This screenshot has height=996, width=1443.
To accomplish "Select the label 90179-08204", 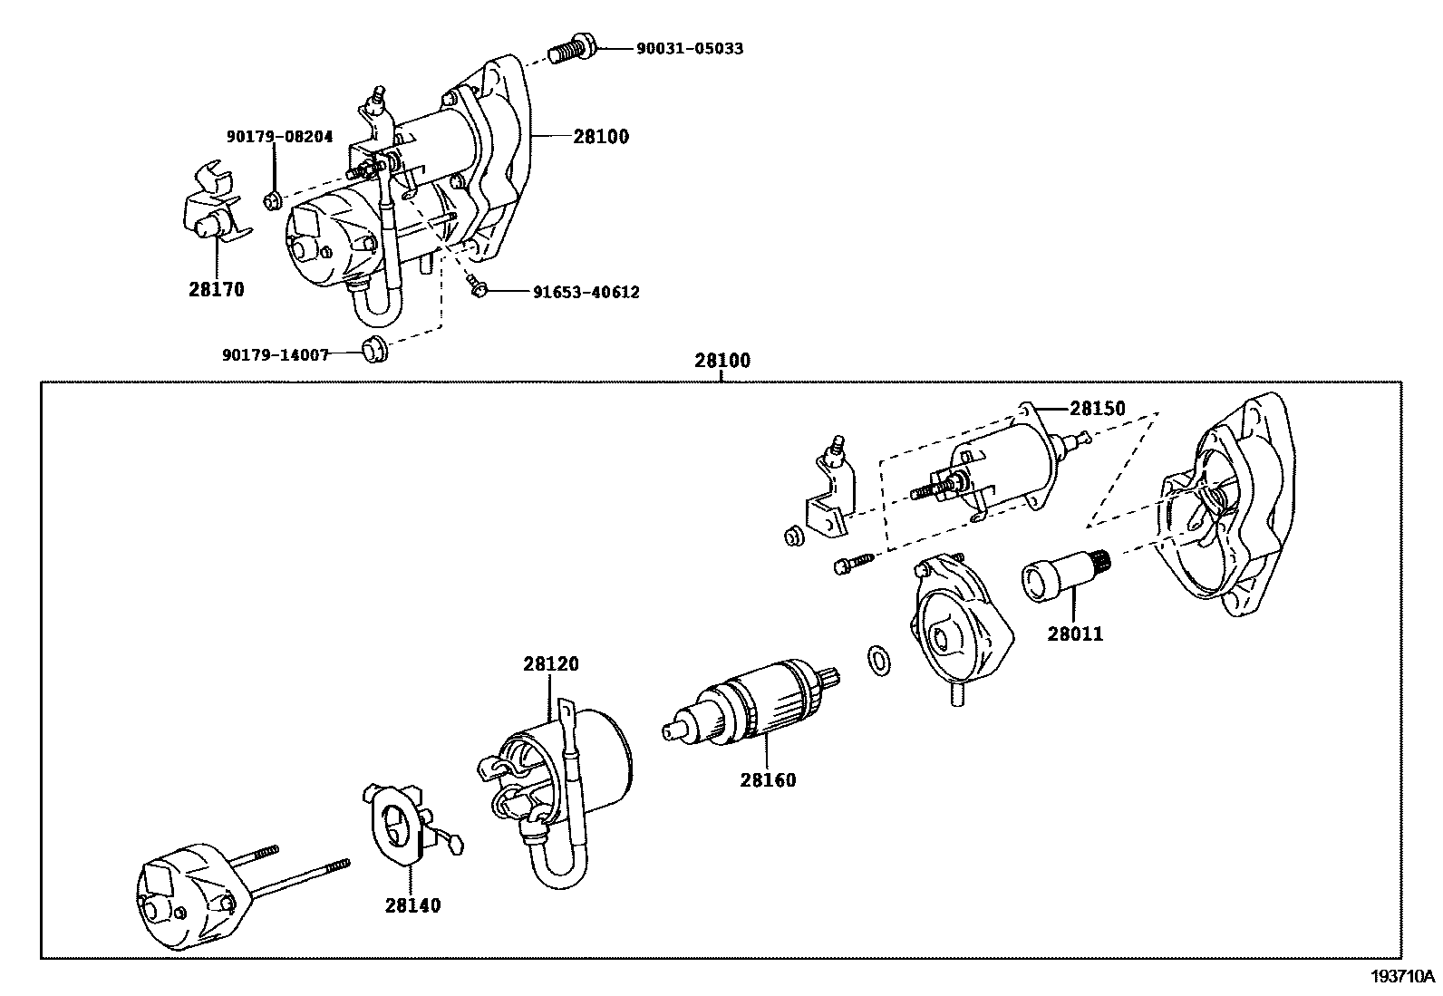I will click(279, 137).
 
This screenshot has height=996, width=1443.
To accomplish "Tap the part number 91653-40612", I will click(586, 292).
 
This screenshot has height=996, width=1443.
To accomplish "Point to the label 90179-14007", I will click(276, 354).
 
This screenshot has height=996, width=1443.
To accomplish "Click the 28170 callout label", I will click(217, 290).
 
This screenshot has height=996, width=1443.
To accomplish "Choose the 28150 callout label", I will click(1097, 409).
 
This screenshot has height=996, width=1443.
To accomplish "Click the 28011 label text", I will click(1075, 634).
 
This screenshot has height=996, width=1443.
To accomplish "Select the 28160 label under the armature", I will click(768, 779).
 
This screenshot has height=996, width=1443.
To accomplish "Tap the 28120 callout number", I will click(550, 664).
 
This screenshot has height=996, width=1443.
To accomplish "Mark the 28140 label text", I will click(412, 904).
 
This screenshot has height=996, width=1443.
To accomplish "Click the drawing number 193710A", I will click(1403, 976).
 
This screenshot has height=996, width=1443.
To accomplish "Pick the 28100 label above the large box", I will click(722, 361).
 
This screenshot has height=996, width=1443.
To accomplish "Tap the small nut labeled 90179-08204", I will click(271, 200).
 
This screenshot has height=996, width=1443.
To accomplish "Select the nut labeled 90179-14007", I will click(373, 350).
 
